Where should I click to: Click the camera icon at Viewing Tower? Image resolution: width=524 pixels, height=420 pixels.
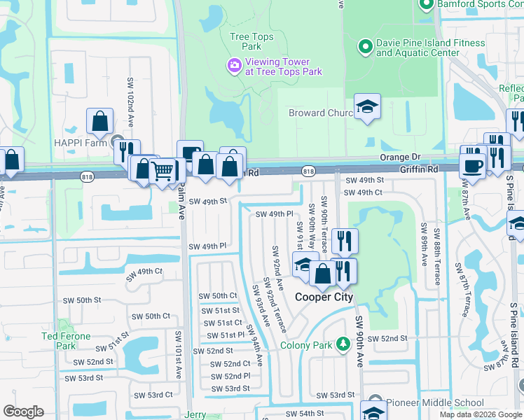[234, 66]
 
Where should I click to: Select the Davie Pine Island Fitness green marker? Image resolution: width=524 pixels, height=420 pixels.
[364, 48]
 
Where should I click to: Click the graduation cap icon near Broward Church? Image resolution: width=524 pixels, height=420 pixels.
[367, 107]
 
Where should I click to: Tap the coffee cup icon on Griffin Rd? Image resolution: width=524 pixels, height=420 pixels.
[473, 166]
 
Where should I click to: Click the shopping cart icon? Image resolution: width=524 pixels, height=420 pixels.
[163, 170]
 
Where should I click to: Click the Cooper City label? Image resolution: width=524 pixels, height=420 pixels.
[324, 297]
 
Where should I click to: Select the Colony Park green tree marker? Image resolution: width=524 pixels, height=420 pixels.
[343, 344]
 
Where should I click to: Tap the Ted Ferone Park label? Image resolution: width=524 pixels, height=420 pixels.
[67, 341]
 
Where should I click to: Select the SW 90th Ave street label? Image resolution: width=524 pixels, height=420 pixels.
[359, 342]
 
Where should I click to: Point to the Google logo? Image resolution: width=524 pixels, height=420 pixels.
[23, 412]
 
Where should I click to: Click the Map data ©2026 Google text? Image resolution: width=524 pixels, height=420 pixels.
[481, 414]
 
